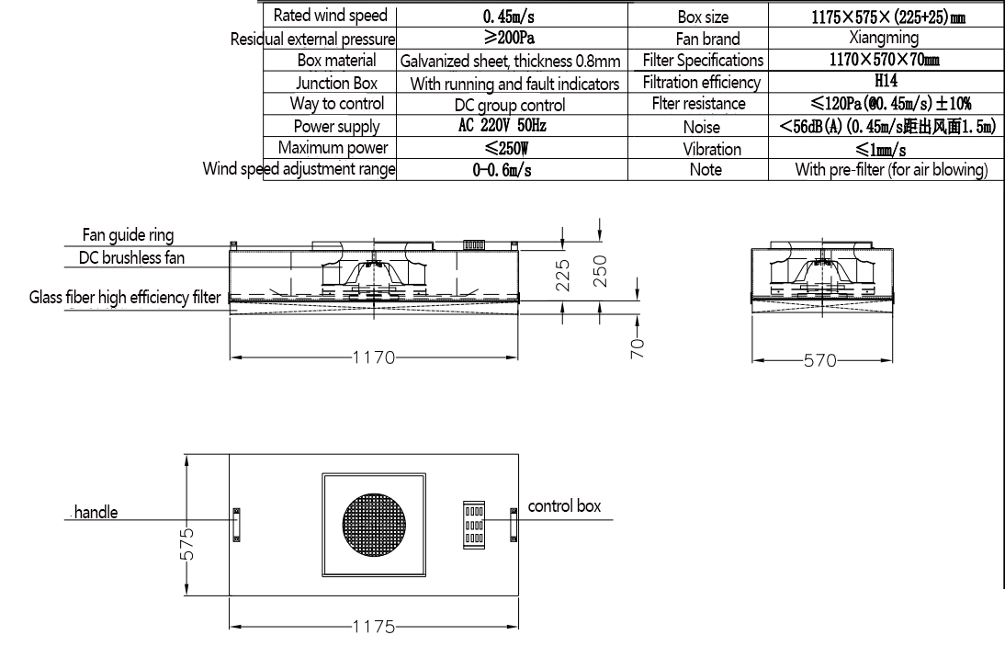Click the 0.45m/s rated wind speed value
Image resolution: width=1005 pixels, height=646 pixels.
tap(513, 17)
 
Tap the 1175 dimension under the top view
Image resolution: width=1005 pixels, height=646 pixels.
tap(373, 628)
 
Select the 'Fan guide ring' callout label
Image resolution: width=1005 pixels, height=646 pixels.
tap(128, 235)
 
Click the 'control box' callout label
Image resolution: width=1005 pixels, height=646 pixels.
tap(564, 506)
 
